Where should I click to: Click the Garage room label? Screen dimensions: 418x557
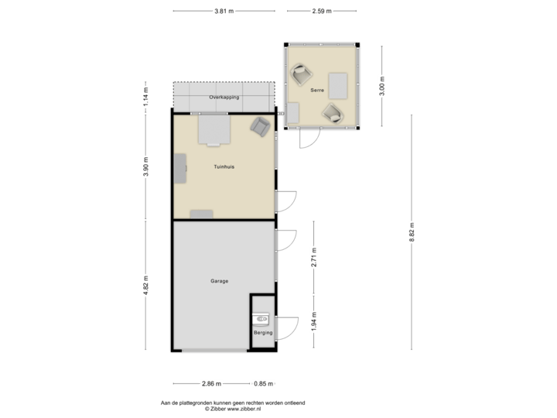[x=219, y=281]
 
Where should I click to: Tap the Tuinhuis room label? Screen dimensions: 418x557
[x=224, y=167]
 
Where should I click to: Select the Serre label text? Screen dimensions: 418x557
[x=317, y=91]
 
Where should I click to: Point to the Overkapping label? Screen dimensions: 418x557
[x=224, y=98]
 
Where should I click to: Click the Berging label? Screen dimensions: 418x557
[x=263, y=333]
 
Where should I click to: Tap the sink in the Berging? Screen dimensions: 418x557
[x=263, y=317]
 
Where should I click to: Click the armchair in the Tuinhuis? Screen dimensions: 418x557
[x=260, y=126]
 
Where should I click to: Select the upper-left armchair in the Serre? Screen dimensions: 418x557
[x=301, y=75]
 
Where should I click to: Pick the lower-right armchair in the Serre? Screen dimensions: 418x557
[x=333, y=113]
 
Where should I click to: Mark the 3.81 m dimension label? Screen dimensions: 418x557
[x=224, y=12]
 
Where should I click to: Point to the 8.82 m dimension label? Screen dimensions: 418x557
[x=412, y=233]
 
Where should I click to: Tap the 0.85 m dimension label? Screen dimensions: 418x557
[x=263, y=383]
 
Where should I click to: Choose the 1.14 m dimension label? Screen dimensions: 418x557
[x=146, y=96]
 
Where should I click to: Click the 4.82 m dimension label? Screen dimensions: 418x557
[x=146, y=284]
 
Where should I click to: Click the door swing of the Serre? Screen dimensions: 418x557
[x=308, y=139]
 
